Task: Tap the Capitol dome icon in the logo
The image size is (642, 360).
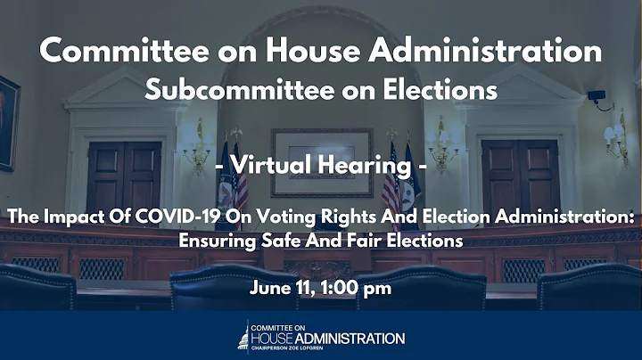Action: point(243,335)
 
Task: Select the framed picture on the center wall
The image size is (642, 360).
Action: point(321,161)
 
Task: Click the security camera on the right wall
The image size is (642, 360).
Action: point(596,94)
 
